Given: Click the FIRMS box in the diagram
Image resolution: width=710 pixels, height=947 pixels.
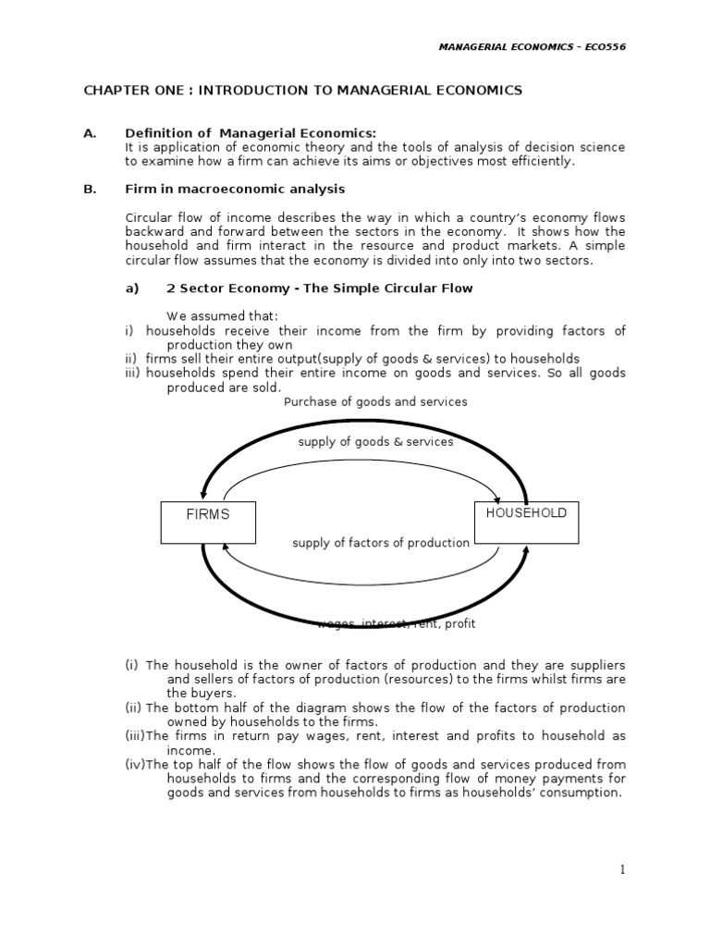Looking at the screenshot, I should [x=208, y=523].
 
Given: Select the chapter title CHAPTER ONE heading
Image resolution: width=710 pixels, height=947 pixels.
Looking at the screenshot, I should [x=302, y=90].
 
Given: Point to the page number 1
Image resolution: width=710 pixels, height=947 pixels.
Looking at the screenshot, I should [x=623, y=869].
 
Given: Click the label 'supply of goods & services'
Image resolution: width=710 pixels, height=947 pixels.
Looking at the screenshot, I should [x=375, y=442].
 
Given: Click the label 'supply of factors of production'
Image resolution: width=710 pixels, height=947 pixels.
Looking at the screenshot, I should [x=381, y=543].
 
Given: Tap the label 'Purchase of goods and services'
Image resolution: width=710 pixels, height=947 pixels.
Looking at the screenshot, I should [x=375, y=401].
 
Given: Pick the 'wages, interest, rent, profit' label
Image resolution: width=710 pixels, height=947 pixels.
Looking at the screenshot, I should [x=396, y=624].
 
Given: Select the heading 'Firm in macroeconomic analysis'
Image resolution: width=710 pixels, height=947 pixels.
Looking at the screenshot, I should [x=235, y=189].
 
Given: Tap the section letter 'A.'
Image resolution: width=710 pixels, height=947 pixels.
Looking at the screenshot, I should [x=90, y=133].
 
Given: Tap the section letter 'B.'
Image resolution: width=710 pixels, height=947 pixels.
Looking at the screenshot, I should [x=90, y=189].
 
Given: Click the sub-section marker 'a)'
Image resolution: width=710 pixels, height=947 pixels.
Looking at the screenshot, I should [x=131, y=288].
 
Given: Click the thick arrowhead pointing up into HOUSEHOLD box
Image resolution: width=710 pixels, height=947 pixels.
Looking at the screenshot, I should [x=526, y=551].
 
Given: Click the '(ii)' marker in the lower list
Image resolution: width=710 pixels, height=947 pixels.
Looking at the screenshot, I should [x=133, y=707].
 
